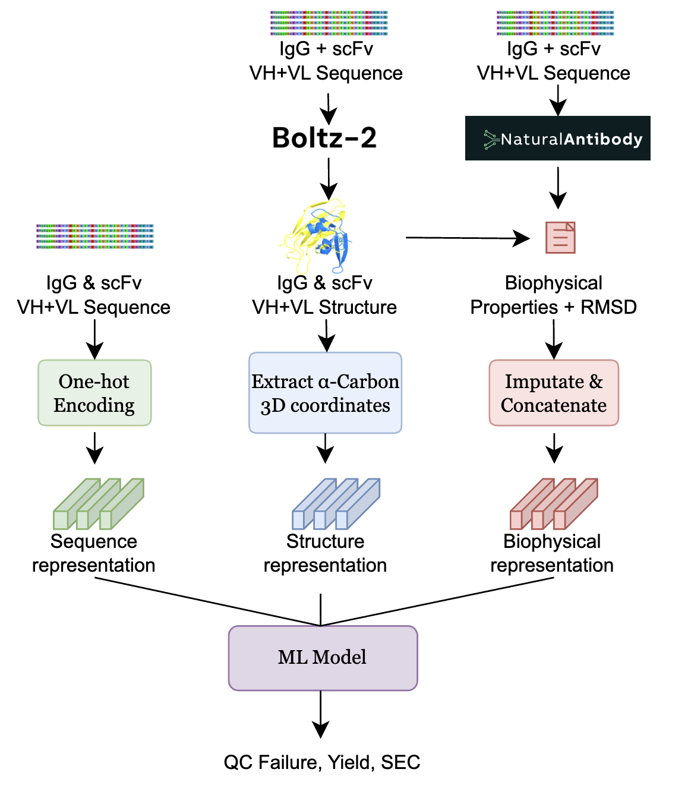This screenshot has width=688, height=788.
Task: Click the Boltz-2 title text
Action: click(324, 138)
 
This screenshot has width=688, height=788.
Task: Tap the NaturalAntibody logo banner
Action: click(557, 138)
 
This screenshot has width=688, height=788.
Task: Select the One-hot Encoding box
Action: click(94, 393)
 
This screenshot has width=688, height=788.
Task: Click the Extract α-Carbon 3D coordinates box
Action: click(325, 393)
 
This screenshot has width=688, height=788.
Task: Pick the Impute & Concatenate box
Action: click(554, 393)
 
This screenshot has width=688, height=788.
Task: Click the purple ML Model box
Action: click(323, 657)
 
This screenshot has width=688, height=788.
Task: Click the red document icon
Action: click(560, 237)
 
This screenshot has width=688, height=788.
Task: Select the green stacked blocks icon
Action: click(99, 504)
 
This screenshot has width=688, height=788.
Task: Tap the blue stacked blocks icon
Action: click(336, 504)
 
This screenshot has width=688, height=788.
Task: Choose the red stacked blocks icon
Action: click(554, 504)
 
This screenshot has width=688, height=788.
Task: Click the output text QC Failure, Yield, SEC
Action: click(322, 762)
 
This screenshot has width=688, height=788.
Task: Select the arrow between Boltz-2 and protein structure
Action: click(328, 179)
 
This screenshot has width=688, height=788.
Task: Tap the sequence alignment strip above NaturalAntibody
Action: click(555, 23)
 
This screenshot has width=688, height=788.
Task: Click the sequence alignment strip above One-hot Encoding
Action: click(95, 236)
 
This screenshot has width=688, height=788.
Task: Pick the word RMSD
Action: click(608, 307)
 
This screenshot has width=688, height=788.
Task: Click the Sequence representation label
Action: click(94, 553)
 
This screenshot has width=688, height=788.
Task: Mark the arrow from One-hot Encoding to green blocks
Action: click(94, 447)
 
